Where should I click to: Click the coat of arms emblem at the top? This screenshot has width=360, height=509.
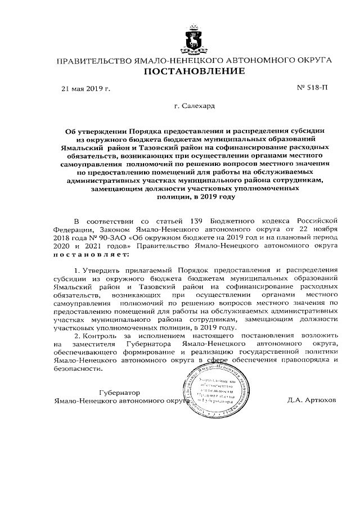195,38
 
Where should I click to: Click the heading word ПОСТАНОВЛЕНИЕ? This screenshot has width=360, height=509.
195,71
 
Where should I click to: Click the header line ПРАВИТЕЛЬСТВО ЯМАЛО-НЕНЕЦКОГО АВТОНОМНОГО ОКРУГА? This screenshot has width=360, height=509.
195,59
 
